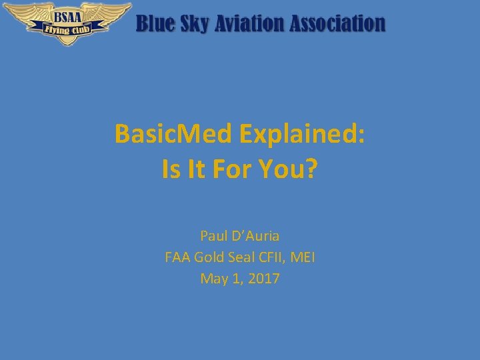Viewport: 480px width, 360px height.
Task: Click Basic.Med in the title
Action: pyautogui.click(x=173, y=134)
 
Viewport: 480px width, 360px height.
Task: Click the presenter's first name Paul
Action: pyautogui.click(x=213, y=236)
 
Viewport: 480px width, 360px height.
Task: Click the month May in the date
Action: pyautogui.click(x=213, y=279)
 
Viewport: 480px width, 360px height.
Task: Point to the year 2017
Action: pyautogui.click(x=264, y=279)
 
